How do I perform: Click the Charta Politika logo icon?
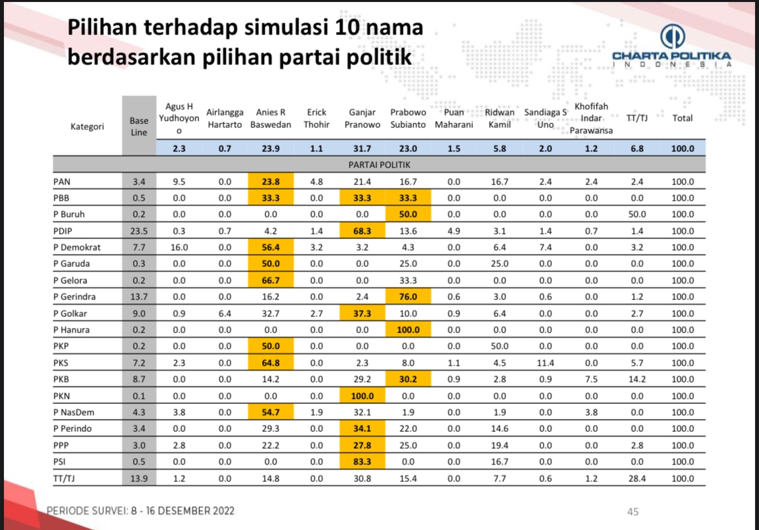coord(672,37)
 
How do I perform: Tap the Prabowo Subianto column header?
coord(407,118)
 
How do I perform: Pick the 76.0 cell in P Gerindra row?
coord(407,297)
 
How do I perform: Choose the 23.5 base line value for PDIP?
coord(139,231)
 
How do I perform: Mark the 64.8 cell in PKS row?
coord(271,363)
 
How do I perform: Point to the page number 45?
coord(633,512)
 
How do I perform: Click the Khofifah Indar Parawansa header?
coord(592,118)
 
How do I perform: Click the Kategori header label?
coord(87,127)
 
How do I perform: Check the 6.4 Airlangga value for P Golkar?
coord(224,313)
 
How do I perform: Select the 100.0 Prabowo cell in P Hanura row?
coord(407,330)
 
